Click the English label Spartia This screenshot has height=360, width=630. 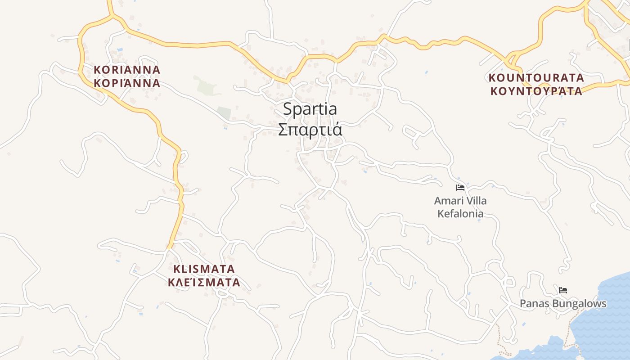click(310, 109)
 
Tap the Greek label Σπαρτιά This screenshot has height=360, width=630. click(310, 130)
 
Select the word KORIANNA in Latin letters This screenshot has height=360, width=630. click(127, 70)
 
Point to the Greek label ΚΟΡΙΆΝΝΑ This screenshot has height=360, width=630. click(127, 83)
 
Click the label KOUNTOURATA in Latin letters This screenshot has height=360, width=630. click(536, 78)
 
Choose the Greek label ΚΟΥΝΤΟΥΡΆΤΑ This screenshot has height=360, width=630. click(536, 91)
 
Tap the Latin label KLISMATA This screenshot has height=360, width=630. click(204, 269)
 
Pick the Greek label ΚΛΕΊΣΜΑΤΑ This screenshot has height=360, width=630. click(204, 283)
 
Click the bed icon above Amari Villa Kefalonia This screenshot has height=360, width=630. click(460, 188)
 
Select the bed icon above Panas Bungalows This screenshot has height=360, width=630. click(562, 290)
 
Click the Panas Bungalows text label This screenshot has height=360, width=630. click(563, 304)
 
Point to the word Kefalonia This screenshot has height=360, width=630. click(460, 213)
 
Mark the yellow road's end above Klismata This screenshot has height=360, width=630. click(170, 247)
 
